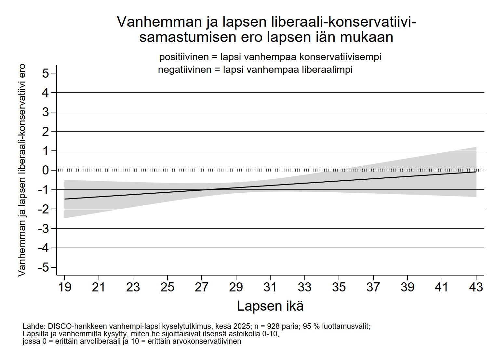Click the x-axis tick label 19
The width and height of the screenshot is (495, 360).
pyautogui.click(x=64, y=287)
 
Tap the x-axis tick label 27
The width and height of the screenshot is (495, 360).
pyautogui.click(x=202, y=287)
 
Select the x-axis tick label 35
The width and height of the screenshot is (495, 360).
pyautogui.click(x=339, y=287)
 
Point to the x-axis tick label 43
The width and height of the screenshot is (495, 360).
pyautogui.click(x=476, y=287)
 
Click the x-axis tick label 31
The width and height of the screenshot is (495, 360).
pyautogui.click(x=270, y=287)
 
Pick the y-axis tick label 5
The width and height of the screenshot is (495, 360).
pyautogui.click(x=46, y=73)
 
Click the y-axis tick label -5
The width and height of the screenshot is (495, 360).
pyautogui.click(x=44, y=267)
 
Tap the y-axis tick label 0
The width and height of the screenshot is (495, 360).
pyautogui.click(x=46, y=170)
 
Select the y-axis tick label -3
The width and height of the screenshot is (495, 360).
pyautogui.click(x=44, y=228)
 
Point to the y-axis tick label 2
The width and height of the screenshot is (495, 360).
pyautogui.click(x=46, y=132)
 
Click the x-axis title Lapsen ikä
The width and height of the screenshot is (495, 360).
pyautogui.click(x=270, y=306)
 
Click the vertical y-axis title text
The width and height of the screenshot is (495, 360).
pyautogui.click(x=21, y=170)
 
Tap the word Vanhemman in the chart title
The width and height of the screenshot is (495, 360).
pyautogui.click(x=159, y=22)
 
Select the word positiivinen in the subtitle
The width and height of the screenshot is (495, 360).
pyautogui.click(x=184, y=57)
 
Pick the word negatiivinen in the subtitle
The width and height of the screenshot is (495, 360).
pyautogui.click(x=184, y=70)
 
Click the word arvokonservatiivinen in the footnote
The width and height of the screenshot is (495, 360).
pyautogui.click(x=194, y=341)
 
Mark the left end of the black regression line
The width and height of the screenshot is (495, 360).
pyautogui.click(x=65, y=199)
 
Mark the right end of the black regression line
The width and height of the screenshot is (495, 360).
pyautogui.click(x=476, y=172)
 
